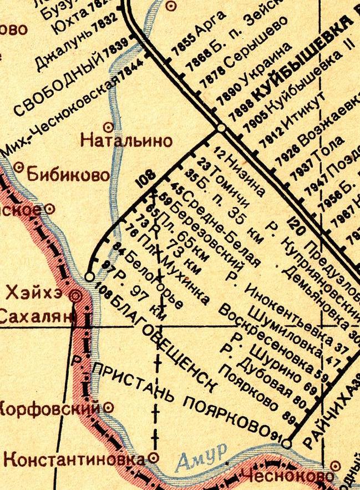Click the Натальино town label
coord(126,140)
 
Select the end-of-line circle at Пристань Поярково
coord(286,444)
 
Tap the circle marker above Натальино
coord(117,126)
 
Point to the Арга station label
coord(212,25)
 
